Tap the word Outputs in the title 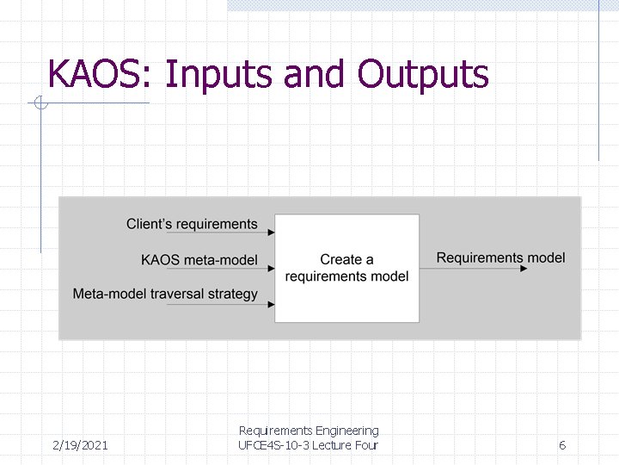(x=423, y=75)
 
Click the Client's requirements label (x=192, y=225)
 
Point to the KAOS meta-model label (x=199, y=259)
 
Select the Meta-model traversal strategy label (x=165, y=294)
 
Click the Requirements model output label (x=500, y=257)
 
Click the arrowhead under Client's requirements (x=271, y=232)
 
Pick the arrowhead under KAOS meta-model (x=271, y=269)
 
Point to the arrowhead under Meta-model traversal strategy (x=271, y=304)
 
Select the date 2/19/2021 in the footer (x=80, y=445)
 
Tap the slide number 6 (x=562, y=445)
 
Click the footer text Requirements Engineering (x=309, y=431)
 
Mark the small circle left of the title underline (x=40, y=104)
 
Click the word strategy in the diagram (x=232, y=294)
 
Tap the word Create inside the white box (x=335, y=259)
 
